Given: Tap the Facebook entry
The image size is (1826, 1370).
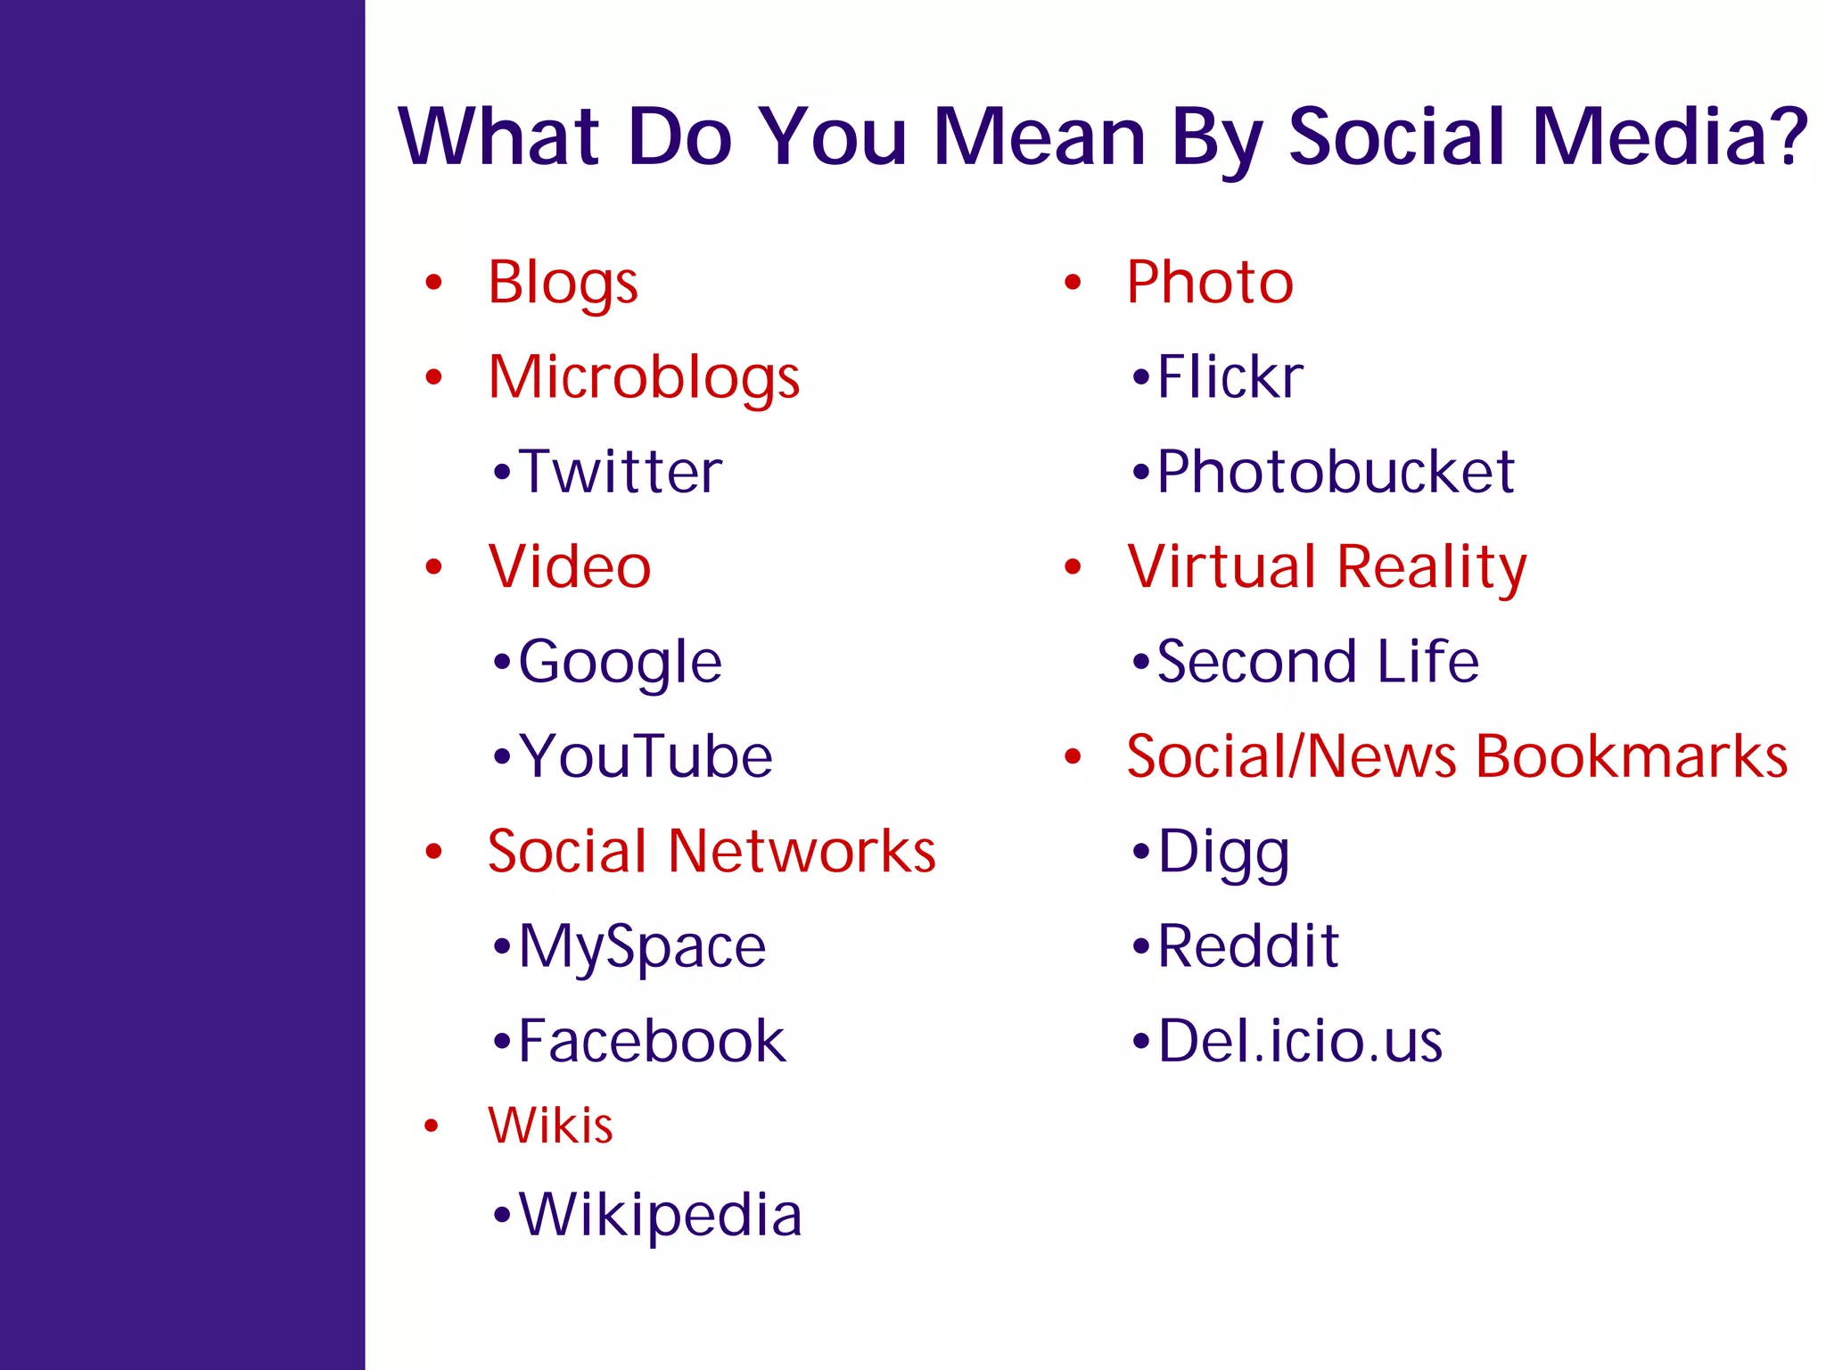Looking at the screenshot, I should [x=652, y=1041].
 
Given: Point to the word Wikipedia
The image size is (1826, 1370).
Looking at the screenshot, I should [x=660, y=1215].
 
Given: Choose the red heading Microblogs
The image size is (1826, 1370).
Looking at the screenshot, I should [x=644, y=377].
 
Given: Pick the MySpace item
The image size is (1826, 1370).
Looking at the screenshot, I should [x=642, y=946].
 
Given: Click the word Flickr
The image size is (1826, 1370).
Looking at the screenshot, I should [x=1230, y=377].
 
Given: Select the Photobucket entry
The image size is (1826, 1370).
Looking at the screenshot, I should [x=1335, y=472].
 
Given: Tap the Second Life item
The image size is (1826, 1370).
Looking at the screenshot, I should [x=1317, y=662].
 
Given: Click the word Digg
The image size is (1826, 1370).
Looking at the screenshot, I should [x=1223, y=853].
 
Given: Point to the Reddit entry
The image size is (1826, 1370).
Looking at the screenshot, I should [x=1247, y=946].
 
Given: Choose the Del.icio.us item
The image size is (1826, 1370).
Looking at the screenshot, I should [x=1299, y=1041].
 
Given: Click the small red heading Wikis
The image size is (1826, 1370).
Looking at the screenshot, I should [x=550, y=1126].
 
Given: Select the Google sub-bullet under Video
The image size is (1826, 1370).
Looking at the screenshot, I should [x=620, y=663].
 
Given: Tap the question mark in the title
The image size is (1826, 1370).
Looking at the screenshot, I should [x=1787, y=136].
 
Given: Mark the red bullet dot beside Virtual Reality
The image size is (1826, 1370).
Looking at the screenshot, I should [x=1073, y=567].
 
